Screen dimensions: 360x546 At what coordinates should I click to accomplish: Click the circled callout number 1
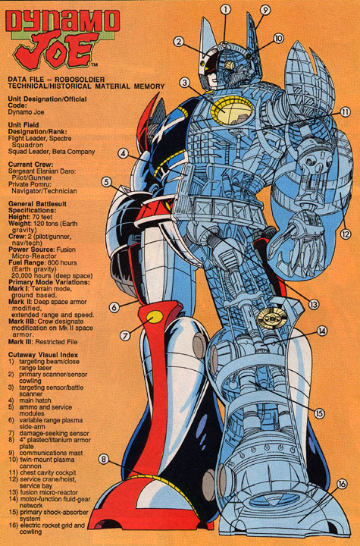226,9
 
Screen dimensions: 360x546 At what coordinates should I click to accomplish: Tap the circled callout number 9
265,10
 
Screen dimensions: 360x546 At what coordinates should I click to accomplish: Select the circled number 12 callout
345,234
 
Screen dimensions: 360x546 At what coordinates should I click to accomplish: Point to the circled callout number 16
342,484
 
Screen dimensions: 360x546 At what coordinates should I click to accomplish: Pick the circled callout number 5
107,182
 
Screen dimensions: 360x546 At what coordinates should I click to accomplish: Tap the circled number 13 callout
313,304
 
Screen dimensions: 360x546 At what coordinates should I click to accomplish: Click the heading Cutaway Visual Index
43,355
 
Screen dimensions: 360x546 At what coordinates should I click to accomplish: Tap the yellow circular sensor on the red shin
155,317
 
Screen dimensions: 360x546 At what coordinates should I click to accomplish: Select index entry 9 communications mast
46,453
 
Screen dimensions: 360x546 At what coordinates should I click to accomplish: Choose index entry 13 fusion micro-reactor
43,492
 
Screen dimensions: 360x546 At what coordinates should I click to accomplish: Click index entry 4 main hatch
30,400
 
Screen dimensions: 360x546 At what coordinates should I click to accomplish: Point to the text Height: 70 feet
30,217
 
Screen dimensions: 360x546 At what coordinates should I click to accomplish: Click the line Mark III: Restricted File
43,342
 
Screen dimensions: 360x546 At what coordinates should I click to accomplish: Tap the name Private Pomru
30,184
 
